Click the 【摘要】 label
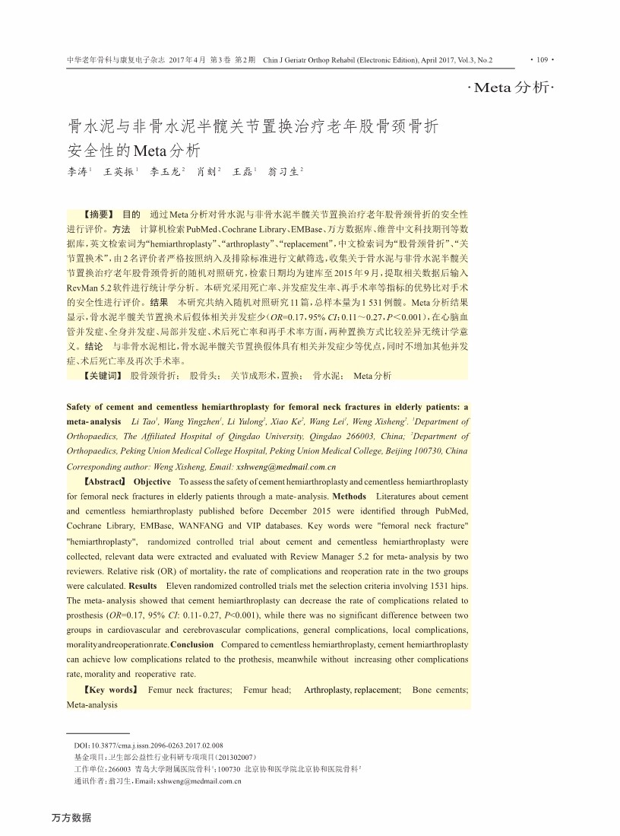point(97,215)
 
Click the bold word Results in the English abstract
point(143,586)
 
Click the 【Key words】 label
point(109,689)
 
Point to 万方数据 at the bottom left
point(71,818)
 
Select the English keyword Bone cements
point(440,689)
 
